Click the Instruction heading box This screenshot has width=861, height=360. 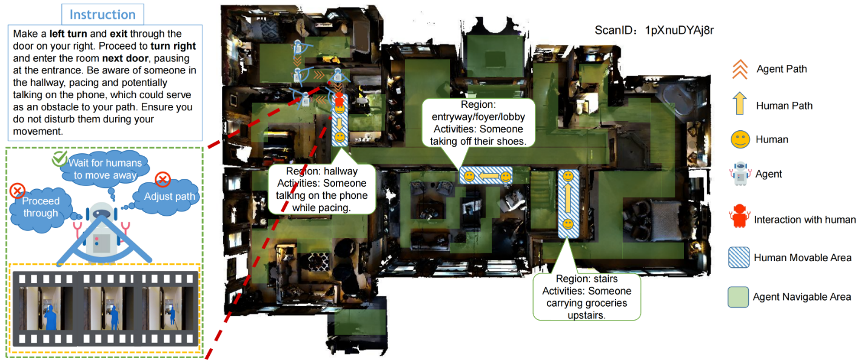[x=102, y=15]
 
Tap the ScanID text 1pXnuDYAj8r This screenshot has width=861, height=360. [x=679, y=30]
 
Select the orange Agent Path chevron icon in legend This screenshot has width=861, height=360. [x=740, y=70]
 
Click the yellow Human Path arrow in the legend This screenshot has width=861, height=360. [x=740, y=104]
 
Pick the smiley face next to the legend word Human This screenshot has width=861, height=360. [x=740, y=139]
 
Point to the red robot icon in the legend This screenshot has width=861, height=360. [x=739, y=216]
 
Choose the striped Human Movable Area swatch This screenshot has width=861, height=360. [x=739, y=257]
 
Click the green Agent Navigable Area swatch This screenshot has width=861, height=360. [x=738, y=297]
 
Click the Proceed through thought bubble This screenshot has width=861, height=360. [x=41, y=208]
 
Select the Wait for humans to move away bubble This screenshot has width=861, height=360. [x=105, y=169]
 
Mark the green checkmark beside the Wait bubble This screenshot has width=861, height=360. [x=59, y=158]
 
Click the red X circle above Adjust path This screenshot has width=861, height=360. [x=163, y=179]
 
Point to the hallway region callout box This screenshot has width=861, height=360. [x=322, y=190]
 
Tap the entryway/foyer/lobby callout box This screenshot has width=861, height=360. [x=478, y=123]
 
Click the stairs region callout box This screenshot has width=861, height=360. [x=586, y=297]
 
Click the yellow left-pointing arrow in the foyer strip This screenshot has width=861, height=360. [x=487, y=176]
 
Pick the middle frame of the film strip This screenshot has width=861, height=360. [x=106, y=308]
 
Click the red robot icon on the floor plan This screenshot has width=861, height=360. [x=338, y=99]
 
